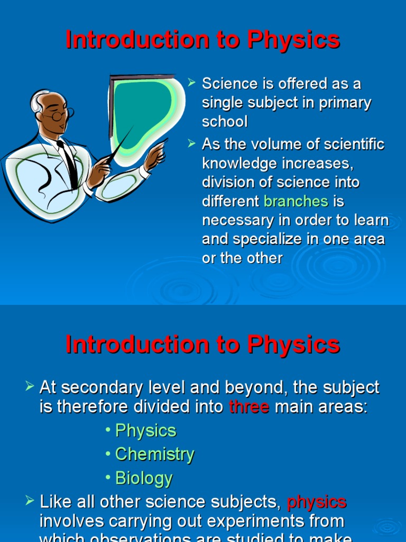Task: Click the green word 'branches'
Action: [296, 201]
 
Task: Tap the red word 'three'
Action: [249, 407]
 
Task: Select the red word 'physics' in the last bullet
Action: [316, 501]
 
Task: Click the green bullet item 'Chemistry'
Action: [154, 454]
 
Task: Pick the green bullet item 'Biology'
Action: [144, 478]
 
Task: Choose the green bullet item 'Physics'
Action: [145, 430]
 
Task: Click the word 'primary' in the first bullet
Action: [345, 103]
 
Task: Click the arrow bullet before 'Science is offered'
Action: [192, 83]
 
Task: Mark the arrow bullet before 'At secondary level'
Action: [30, 387]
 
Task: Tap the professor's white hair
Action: [38, 101]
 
